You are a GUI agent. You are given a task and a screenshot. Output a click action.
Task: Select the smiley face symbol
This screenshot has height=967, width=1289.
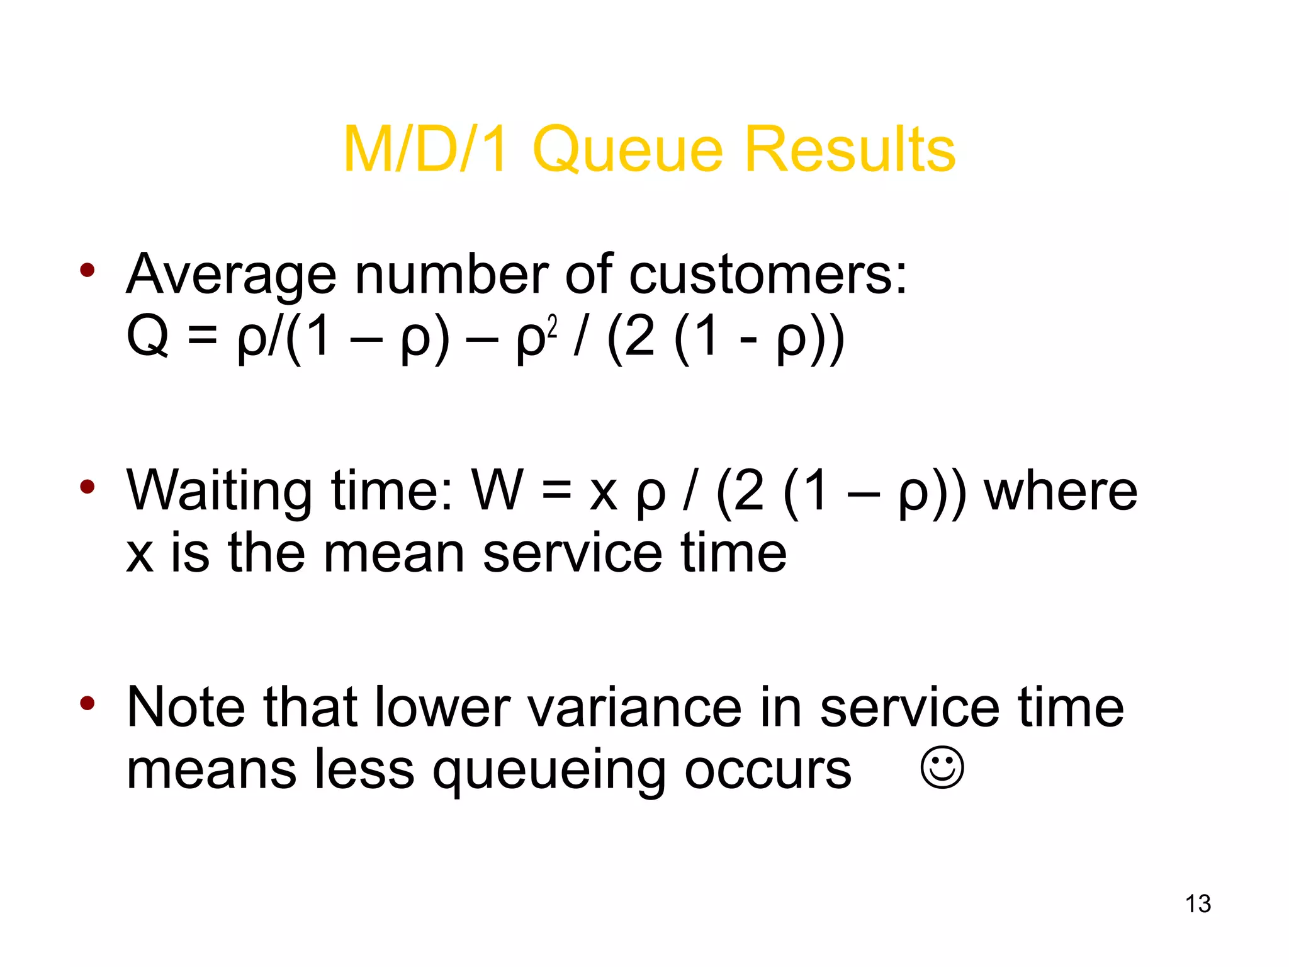942,767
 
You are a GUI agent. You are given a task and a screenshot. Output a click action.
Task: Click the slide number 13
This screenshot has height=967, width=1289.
1198,903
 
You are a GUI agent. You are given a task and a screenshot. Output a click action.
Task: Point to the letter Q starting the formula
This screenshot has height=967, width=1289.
148,336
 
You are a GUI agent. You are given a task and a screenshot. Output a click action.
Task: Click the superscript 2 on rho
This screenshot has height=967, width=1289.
552,327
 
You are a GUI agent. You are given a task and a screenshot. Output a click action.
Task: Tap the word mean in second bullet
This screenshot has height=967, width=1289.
394,553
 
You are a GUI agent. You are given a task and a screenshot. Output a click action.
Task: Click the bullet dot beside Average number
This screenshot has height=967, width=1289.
87,271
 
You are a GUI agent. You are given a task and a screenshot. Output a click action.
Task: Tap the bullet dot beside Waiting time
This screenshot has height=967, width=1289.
87,487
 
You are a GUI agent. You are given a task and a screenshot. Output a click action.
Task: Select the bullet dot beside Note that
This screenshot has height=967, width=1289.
87,703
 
